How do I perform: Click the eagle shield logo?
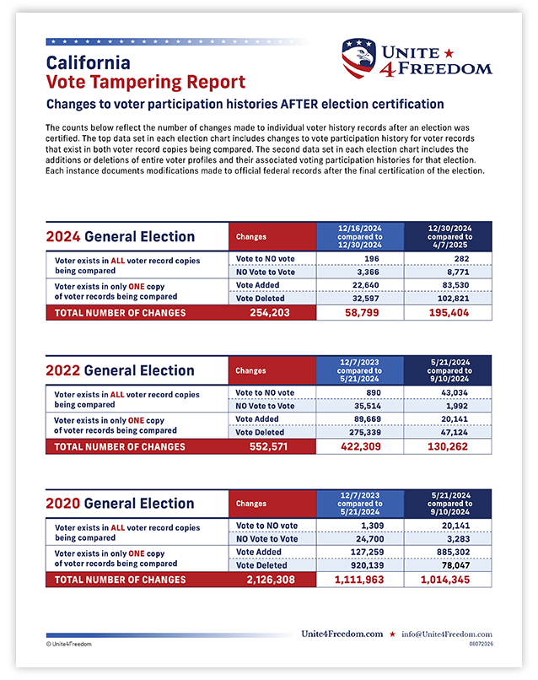tap(358, 58)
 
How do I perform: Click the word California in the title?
tap(88, 63)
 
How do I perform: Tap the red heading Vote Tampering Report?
tap(146, 82)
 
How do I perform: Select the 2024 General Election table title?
tap(121, 236)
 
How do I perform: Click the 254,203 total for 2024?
tap(270, 313)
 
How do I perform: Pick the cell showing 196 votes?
tap(372, 258)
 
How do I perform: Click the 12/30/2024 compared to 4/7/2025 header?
tap(449, 237)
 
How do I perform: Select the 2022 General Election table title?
tap(120, 370)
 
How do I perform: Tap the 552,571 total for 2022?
tap(269, 446)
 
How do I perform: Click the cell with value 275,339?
tap(365, 432)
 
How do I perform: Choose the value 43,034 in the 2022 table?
tap(455, 393)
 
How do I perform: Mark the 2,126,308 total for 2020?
tap(271, 580)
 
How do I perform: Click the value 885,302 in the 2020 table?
tap(453, 552)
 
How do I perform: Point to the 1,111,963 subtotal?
tap(359, 580)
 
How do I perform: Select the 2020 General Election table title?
tap(120, 503)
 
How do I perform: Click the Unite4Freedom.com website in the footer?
tap(342, 634)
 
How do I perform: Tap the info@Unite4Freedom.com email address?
tap(447, 634)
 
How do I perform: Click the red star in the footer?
tap(392, 634)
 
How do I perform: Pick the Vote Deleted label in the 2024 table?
tap(260, 299)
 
